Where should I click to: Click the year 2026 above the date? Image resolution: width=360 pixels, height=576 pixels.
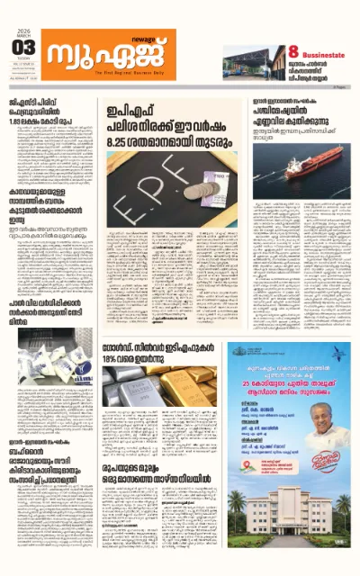point(24,31)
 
